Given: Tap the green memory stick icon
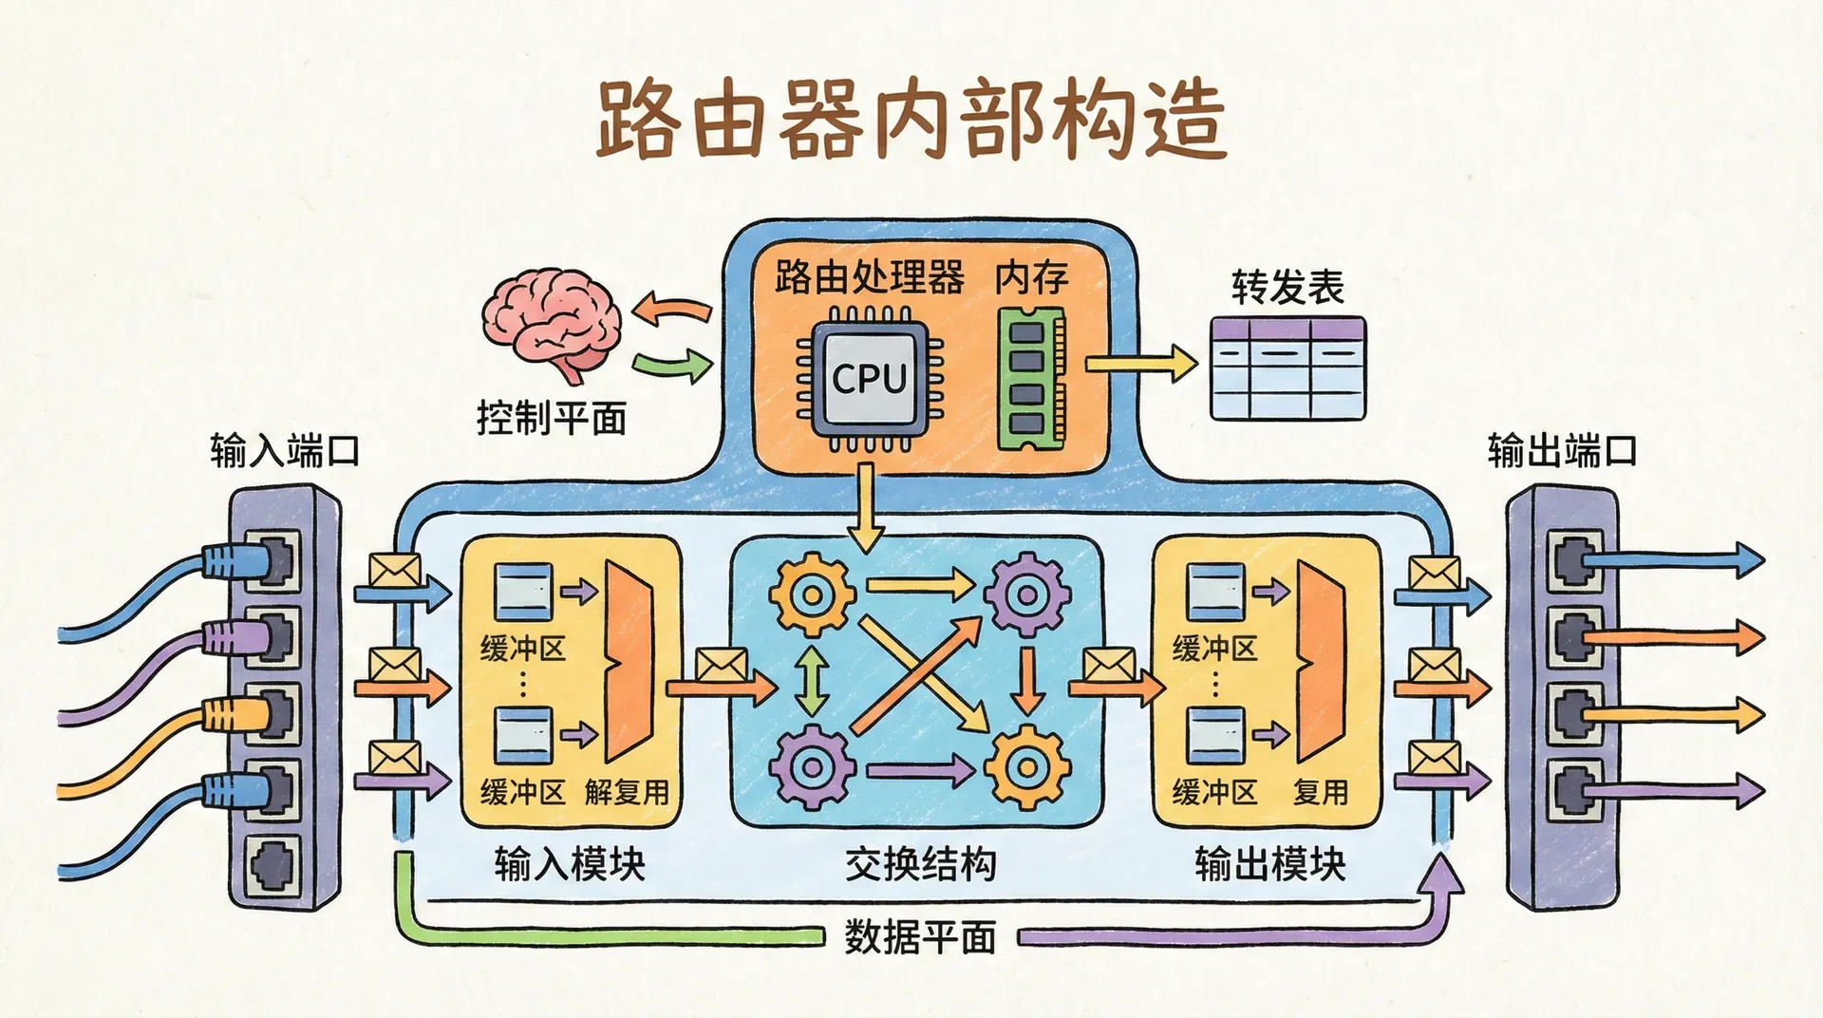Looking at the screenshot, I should (1031, 380).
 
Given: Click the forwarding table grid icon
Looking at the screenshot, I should (1287, 368).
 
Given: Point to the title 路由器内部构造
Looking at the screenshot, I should (911, 121).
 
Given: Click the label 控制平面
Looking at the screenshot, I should (552, 418).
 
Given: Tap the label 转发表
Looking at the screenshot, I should (1287, 287).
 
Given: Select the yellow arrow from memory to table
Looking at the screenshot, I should (1139, 364).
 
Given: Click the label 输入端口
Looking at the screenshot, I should (285, 450).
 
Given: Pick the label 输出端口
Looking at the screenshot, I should (1562, 450).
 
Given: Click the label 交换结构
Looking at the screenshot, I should (920, 864).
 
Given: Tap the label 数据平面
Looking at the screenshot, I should (920, 937).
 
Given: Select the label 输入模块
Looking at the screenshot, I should (570, 864).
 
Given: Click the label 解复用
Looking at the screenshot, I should (627, 791).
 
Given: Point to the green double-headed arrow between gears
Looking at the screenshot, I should (812, 680).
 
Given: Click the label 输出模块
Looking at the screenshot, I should (1269, 864).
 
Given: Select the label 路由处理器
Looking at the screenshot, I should (869, 277).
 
